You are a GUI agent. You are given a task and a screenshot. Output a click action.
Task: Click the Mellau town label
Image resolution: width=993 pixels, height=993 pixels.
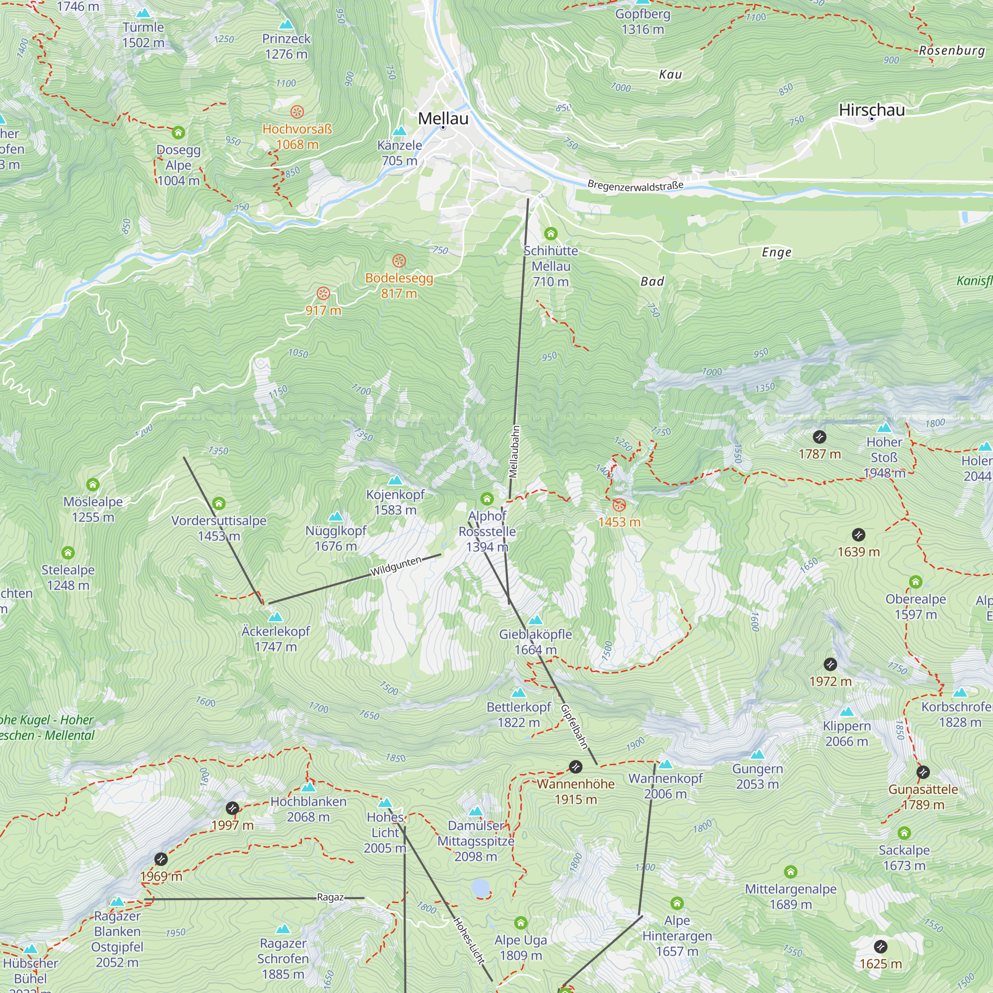[x=443, y=118]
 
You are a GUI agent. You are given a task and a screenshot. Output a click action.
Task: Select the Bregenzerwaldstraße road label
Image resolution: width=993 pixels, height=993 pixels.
[x=636, y=186]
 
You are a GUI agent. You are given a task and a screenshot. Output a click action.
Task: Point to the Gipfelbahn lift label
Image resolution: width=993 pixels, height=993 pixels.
[x=574, y=726]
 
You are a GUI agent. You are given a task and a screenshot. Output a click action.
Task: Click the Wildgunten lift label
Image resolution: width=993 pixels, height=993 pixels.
[x=396, y=566]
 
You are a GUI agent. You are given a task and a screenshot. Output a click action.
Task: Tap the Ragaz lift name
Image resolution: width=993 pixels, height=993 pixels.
[x=330, y=897]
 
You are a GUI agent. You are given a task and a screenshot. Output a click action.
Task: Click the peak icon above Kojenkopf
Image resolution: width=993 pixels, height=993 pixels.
[x=395, y=480]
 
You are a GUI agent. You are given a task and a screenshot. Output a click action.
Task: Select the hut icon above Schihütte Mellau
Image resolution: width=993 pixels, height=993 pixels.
[x=551, y=234]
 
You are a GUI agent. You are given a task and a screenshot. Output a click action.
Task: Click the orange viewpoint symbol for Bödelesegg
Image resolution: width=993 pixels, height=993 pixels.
[x=399, y=261]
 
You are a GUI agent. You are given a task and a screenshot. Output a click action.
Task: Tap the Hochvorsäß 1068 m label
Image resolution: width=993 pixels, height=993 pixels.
[x=297, y=136]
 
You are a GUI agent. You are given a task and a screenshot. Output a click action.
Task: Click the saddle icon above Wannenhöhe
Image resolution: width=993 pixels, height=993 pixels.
[x=575, y=768]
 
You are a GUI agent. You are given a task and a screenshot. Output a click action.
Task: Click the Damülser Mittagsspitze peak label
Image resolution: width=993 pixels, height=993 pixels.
[x=476, y=841]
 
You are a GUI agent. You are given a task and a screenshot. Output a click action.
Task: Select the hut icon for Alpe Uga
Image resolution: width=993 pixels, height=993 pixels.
[x=521, y=922]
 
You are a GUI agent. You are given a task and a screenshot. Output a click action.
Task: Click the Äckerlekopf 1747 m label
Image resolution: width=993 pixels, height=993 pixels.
[x=276, y=638]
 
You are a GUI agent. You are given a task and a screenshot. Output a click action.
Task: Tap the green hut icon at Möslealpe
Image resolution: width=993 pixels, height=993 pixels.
[x=92, y=485]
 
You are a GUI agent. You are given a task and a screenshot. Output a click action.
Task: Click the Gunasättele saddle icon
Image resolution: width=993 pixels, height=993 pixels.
[x=923, y=772]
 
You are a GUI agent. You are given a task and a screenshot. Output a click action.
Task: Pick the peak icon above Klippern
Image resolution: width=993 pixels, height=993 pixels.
[x=847, y=712]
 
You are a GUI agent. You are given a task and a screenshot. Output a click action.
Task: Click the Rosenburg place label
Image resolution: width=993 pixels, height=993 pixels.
[x=952, y=50]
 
